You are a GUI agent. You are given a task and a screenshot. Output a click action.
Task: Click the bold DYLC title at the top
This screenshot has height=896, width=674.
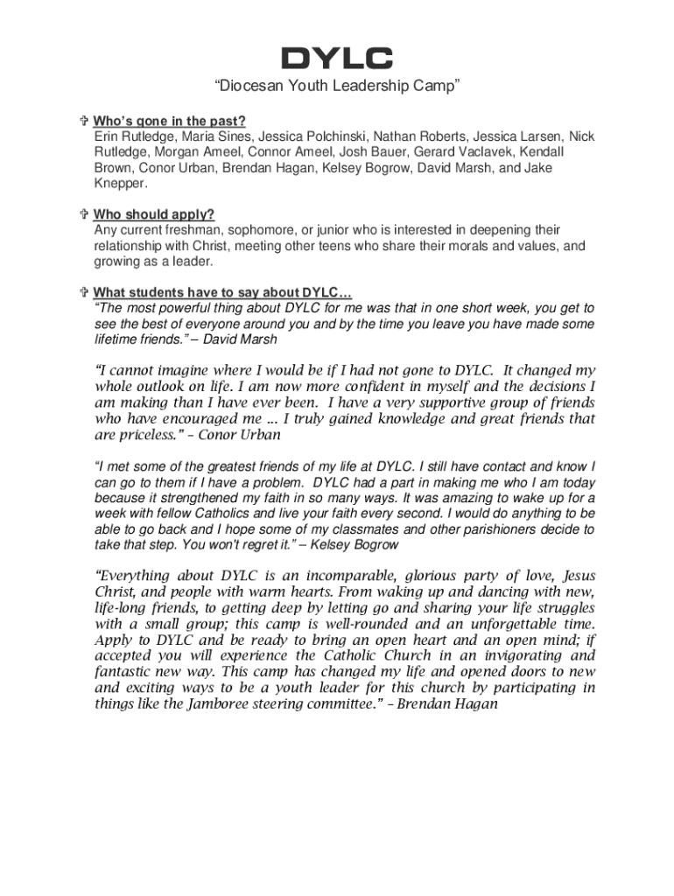click(336, 59)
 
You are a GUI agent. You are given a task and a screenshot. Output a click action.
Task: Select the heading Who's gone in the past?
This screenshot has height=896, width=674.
click(170, 121)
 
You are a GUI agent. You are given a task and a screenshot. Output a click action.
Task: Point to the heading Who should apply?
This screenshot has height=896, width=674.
click(154, 215)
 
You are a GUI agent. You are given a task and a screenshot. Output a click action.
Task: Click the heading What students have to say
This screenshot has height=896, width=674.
click(223, 292)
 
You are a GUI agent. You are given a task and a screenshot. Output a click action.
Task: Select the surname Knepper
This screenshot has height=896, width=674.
click(121, 184)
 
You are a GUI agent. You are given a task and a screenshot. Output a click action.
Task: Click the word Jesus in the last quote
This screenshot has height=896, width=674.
click(579, 576)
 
